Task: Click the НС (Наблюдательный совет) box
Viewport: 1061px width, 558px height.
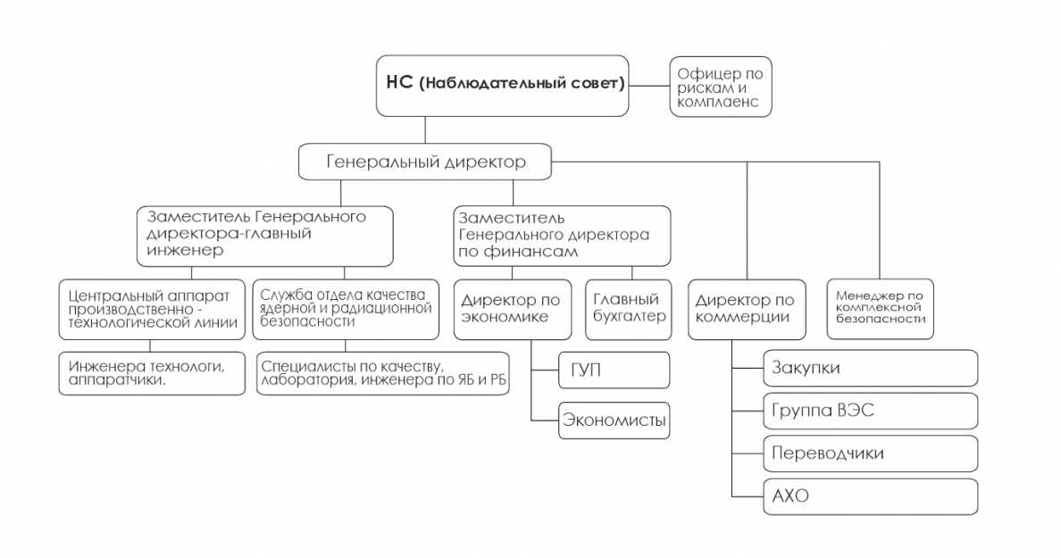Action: pyautogui.click(x=502, y=85)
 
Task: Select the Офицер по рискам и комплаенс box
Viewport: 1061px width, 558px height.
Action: pyautogui.click(x=721, y=87)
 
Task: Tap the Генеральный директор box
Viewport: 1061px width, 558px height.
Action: pyautogui.click(x=425, y=162)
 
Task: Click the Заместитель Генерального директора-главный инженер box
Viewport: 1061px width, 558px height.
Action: pyautogui.click(x=264, y=236)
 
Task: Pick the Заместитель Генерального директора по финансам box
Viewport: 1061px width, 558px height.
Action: pyautogui.click(x=563, y=236)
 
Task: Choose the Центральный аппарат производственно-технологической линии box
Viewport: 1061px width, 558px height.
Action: pyautogui.click(x=152, y=309)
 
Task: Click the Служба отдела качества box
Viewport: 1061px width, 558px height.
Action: pyautogui.click(x=346, y=309)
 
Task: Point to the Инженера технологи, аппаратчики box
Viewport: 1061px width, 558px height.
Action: pyautogui.click(x=152, y=373)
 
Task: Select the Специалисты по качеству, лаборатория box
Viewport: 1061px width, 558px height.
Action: pyautogui.click(x=383, y=373)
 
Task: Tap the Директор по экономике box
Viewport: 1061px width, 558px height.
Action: pyautogui.click(x=513, y=309)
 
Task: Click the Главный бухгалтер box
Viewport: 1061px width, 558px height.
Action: pyautogui.click(x=629, y=309)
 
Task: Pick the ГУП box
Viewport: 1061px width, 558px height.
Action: pyautogui.click(x=614, y=370)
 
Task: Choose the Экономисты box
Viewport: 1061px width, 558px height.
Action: pyautogui.click(x=614, y=421)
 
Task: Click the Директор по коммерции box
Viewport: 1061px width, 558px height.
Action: pyautogui.click(x=747, y=309)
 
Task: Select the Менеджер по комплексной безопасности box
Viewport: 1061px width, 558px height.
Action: pyautogui.click(x=881, y=309)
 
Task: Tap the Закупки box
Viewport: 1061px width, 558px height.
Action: pyautogui.click(x=871, y=368)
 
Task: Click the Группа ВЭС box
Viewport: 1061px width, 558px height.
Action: pyautogui.click(x=871, y=411)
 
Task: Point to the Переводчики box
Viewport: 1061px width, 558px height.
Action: pyautogui.click(x=871, y=454)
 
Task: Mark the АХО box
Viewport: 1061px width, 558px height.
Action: pyautogui.click(x=871, y=496)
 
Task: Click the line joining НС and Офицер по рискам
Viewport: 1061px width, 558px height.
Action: pyautogui.click(x=649, y=86)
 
